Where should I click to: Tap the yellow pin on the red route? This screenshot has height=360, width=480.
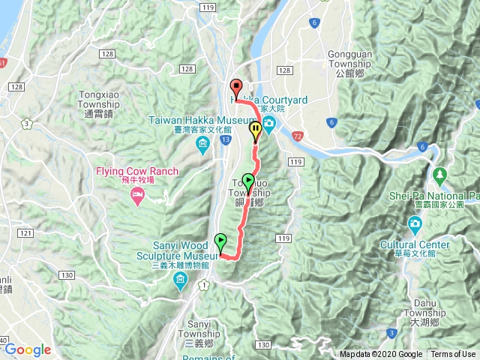tap(256, 130)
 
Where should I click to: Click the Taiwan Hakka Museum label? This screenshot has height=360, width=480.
tap(193, 124)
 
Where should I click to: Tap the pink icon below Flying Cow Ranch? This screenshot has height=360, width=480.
tap(137, 196)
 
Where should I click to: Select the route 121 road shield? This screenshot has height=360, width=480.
tap(25, 235)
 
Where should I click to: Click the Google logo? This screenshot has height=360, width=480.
tap(27, 349)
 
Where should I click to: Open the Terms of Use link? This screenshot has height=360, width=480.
tap(452, 355)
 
